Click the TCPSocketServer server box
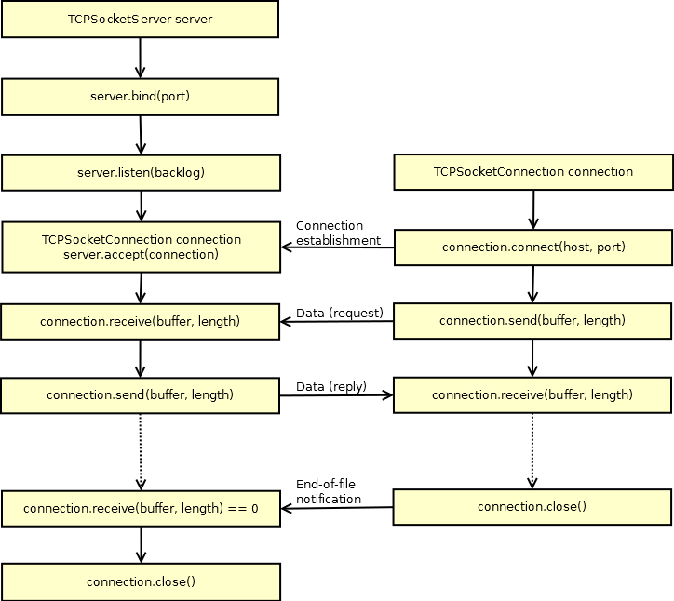[140, 19]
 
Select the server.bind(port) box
[140, 95]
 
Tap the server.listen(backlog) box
[140, 172]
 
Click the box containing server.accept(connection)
[140, 247]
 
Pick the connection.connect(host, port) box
[532, 247]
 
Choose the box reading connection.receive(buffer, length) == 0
[140, 508]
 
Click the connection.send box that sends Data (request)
[532, 321]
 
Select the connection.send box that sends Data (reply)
[140, 395]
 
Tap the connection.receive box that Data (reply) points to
[532, 395]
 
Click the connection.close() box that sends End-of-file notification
[532, 507]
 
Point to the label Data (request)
[339, 313]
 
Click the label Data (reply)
[330, 387]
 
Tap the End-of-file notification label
[329, 491]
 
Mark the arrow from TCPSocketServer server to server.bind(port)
[140, 58]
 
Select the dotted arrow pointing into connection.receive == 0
[141, 451]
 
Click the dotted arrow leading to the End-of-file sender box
[532, 450]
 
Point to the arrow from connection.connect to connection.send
[532, 284]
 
